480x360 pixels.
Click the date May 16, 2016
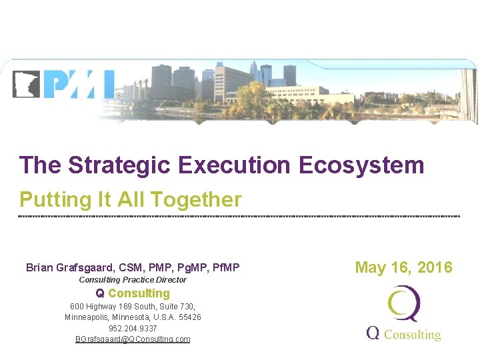tap(403, 268)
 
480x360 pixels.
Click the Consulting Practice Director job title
tap(133, 280)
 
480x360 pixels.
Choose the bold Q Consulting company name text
tap(133, 293)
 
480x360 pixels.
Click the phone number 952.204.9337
tap(133, 329)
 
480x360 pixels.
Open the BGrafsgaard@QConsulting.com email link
tap(133, 339)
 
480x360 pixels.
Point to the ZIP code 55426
tap(189, 317)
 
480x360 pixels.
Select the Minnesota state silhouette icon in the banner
tap(26, 84)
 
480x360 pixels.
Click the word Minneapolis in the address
tap(87, 317)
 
